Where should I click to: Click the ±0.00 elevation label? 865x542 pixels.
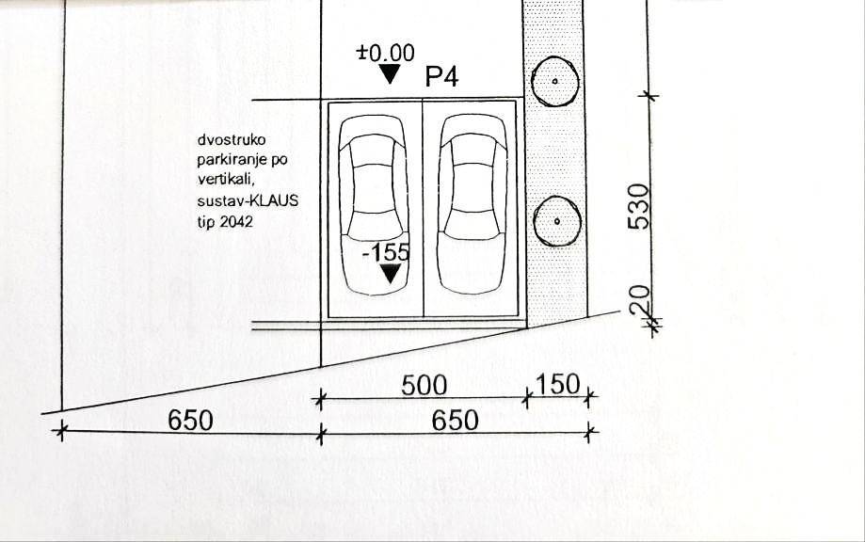pos(386,53)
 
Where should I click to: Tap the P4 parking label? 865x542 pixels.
pos(441,76)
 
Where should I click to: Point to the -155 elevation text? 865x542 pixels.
pos(387,252)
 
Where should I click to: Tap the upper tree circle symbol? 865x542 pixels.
pos(555,81)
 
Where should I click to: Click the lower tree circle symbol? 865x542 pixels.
pos(557,222)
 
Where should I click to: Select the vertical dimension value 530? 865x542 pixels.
pos(640,206)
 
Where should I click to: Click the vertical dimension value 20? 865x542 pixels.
pos(640,301)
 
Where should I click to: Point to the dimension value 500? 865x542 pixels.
pos(424,386)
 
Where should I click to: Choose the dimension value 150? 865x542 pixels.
pos(558,384)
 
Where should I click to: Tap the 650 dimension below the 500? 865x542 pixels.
pos(456,421)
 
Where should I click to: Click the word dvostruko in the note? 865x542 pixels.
pos(232,139)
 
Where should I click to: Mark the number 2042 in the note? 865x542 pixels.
pos(236,222)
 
